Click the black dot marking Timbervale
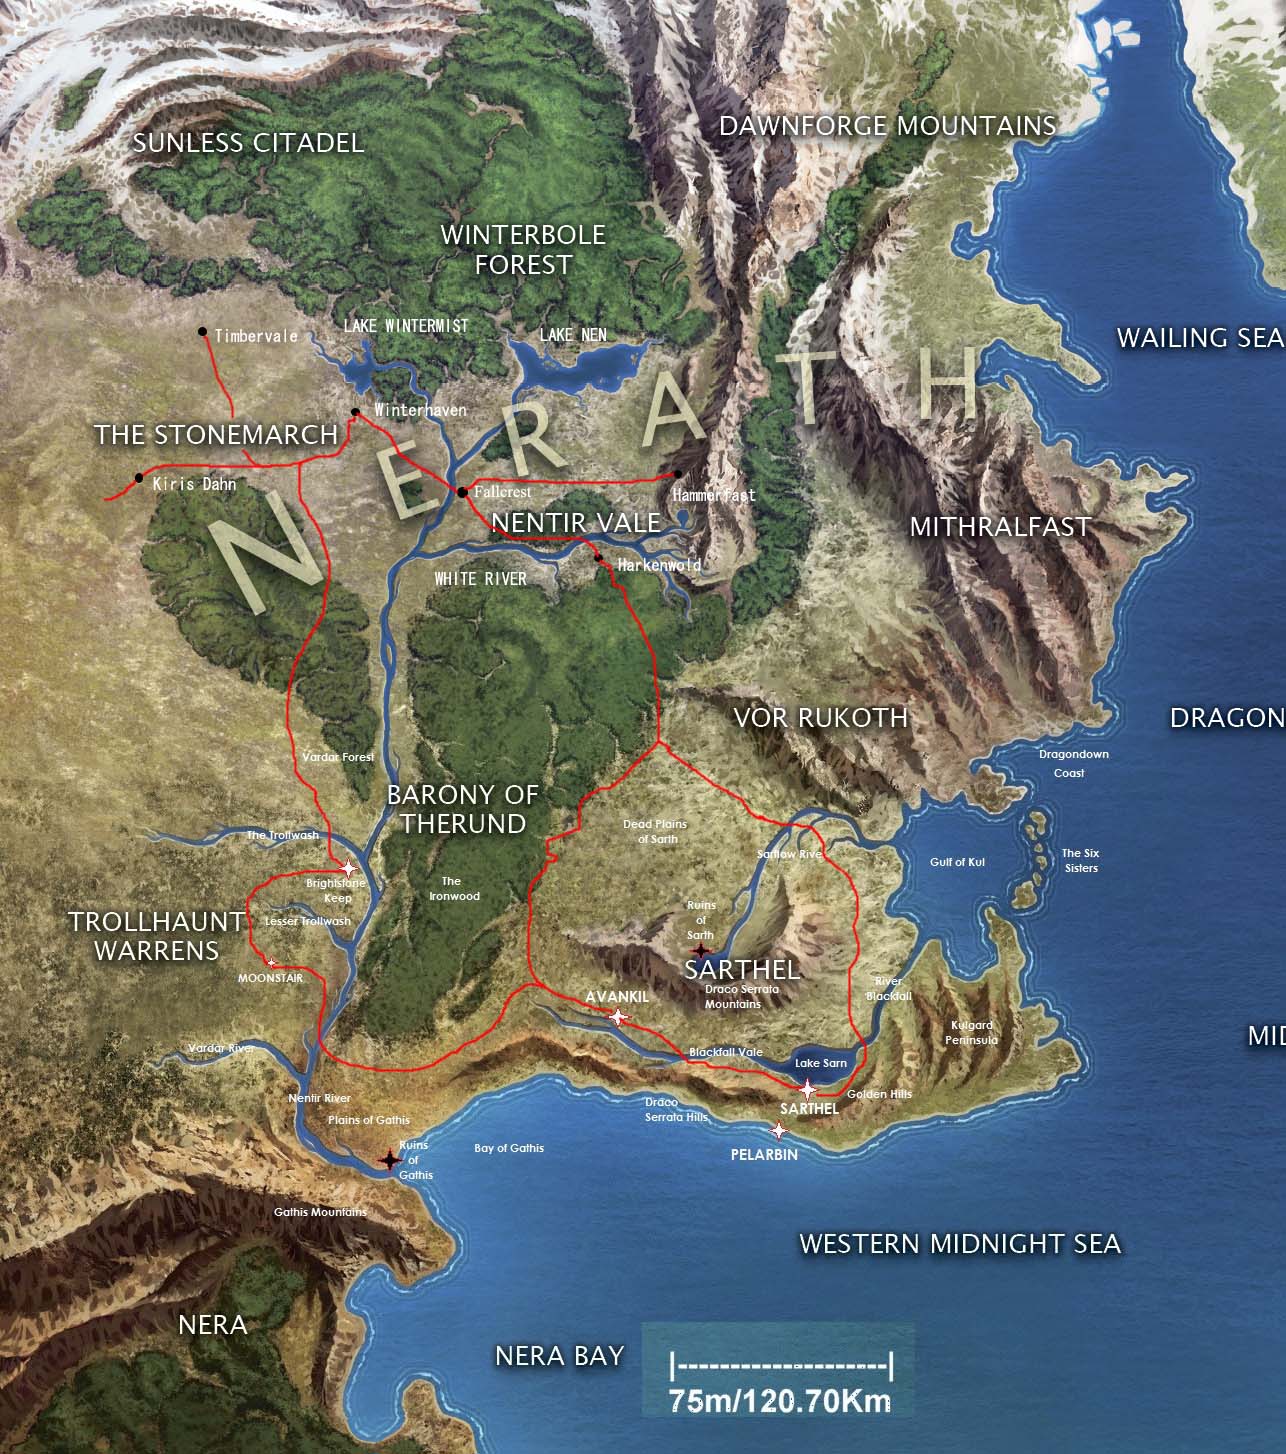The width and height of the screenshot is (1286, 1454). [x=203, y=332]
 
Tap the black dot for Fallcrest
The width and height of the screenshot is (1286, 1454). [x=462, y=492]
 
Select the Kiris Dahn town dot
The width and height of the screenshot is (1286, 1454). [x=139, y=478]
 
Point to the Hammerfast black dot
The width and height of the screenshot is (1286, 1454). [x=678, y=474]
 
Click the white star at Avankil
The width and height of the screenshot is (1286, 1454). [x=618, y=1018]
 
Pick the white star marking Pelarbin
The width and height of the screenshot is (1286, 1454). [x=778, y=1131]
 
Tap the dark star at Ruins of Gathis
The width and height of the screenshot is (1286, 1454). [x=389, y=1160]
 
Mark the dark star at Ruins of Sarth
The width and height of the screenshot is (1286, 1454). [x=702, y=950]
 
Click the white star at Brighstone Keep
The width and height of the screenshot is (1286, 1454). [x=347, y=868]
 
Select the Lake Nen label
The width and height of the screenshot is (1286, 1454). [x=573, y=335]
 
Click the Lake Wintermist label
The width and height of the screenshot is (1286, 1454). [x=406, y=326]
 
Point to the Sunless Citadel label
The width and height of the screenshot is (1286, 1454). [x=248, y=143]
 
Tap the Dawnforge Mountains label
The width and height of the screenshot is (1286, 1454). [x=887, y=126]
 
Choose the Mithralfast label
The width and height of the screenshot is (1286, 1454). [x=999, y=526]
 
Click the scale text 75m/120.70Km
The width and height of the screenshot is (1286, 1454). [x=780, y=1401]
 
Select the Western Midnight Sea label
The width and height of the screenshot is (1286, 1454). [x=960, y=1244]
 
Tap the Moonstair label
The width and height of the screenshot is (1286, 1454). [x=270, y=978]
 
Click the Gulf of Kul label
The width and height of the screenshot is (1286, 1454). [x=957, y=862]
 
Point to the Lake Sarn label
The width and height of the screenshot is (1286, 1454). [x=820, y=1063]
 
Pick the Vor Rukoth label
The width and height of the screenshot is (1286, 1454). [x=820, y=717]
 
